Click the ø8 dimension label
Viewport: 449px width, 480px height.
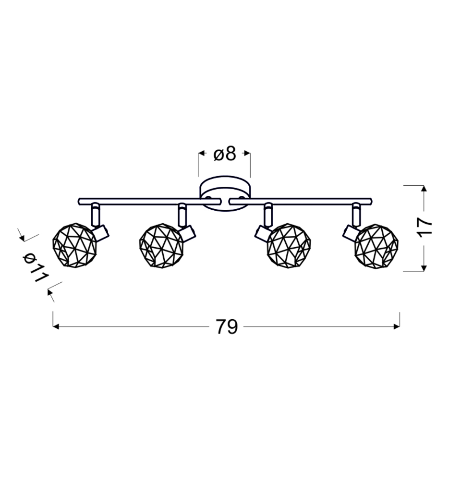tap(225, 154)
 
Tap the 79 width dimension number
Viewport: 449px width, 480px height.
tap(227, 327)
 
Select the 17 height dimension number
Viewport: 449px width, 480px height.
tap(425, 228)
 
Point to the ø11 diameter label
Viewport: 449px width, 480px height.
tap(36, 268)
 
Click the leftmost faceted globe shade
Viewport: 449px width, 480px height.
tap(75, 245)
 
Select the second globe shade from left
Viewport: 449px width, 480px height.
tap(161, 246)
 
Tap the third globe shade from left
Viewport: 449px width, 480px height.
tap(289, 246)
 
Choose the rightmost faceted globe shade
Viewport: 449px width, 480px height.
tap(376, 246)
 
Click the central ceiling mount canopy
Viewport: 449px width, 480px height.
tap(225, 193)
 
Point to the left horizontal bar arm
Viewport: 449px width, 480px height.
tap(149, 202)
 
